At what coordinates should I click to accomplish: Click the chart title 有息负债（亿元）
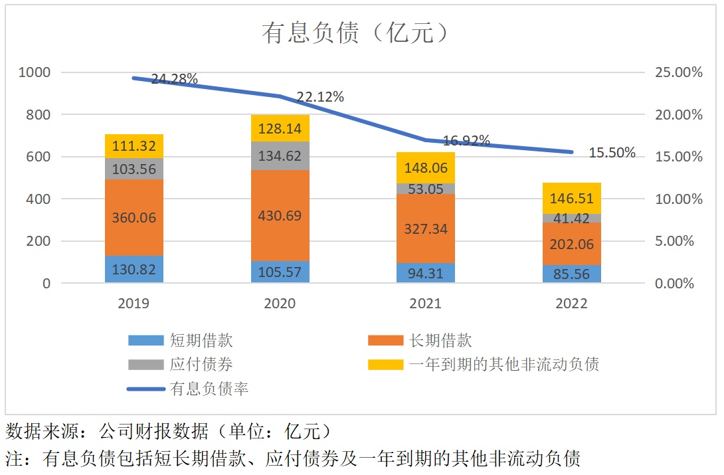[355, 33]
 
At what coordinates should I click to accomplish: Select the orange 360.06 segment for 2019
[134, 217]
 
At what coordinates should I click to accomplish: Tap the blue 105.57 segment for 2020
[280, 272]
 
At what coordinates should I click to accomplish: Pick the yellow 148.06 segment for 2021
[426, 167]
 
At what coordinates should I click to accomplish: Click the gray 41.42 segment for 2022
[572, 218]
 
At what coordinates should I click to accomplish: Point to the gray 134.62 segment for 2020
[280, 156]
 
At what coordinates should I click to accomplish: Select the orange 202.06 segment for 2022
[572, 244]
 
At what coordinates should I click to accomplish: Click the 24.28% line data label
[174, 79]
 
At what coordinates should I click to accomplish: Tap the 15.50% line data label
[612, 153]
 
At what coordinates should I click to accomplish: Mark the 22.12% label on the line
[320, 97]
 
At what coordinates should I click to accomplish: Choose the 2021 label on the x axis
[426, 304]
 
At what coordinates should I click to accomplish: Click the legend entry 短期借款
[201, 341]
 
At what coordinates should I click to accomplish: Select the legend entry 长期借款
[440, 341]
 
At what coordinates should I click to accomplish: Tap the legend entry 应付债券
[201, 364]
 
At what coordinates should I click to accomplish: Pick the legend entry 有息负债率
[209, 388]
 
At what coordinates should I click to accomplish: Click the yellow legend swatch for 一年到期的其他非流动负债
[385, 364]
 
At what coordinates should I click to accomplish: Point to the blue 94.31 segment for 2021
[426, 273]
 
